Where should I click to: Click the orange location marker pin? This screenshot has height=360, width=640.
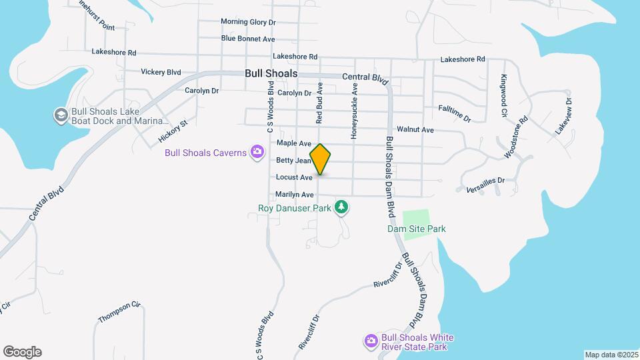[x=321, y=159]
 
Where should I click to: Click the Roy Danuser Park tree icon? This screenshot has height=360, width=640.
[x=341, y=207]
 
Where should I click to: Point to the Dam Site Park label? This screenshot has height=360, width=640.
[x=417, y=229]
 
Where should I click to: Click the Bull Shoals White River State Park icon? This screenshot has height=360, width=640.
[x=371, y=341]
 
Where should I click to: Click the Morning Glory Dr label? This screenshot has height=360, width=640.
[x=248, y=22]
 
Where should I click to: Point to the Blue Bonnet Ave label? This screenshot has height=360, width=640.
[x=248, y=39]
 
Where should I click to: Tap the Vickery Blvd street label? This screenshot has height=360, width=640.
[x=161, y=71]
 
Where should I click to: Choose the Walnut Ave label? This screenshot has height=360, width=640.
[x=415, y=129]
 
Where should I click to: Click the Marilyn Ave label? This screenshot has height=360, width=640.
[x=294, y=195]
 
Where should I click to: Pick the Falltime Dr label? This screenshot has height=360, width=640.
[x=455, y=113]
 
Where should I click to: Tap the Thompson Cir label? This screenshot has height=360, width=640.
[x=120, y=311]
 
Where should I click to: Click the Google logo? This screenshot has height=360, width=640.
[x=22, y=352]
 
